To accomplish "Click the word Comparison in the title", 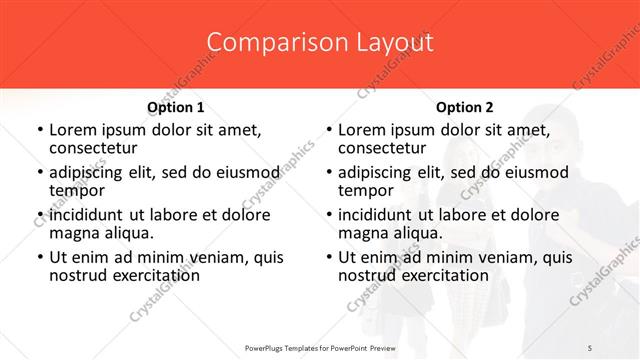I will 266,42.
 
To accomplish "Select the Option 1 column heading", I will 176,107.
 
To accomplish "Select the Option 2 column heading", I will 465,107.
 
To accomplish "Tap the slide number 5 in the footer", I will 590,346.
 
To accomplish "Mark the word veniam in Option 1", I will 201,257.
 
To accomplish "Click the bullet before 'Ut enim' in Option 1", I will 39,258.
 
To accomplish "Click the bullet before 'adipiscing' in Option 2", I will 328,173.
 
